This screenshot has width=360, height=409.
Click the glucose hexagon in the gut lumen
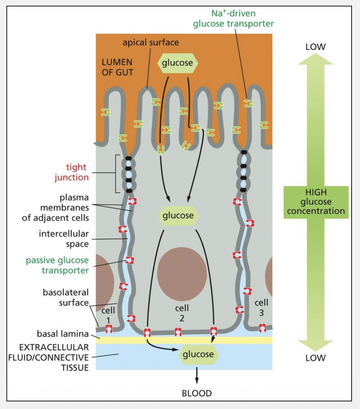click(x=178, y=63)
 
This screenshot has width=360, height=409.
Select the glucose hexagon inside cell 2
click(x=178, y=215)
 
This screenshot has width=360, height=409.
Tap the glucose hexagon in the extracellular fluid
click(x=198, y=354)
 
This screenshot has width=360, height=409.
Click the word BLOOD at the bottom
click(x=197, y=393)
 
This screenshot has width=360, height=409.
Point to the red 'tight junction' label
click(x=72, y=172)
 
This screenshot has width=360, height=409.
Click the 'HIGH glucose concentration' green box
click(x=316, y=202)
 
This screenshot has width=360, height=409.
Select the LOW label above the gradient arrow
click(x=316, y=47)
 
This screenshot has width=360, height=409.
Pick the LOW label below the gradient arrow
click(x=316, y=358)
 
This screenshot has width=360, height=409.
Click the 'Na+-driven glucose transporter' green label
click(x=233, y=19)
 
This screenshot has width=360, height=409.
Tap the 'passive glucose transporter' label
click(x=57, y=265)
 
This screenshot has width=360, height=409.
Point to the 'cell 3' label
click(x=261, y=307)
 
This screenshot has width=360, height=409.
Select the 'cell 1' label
click(x=108, y=315)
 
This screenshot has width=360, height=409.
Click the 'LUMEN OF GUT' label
click(x=117, y=67)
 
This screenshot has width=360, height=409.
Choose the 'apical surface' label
click(x=151, y=42)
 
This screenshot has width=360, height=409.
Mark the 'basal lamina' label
click(x=63, y=334)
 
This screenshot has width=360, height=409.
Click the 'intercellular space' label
click(x=64, y=238)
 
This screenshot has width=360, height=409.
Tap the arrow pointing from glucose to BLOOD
click(x=197, y=375)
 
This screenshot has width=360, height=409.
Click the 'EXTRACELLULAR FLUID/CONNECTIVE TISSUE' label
click(x=49, y=357)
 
